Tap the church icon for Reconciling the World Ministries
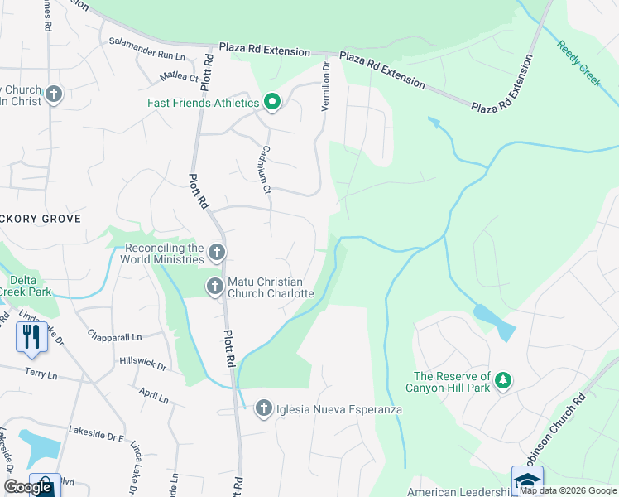coord(216,252)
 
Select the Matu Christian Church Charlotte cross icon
coord(214,287)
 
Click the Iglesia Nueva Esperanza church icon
coord(263,408)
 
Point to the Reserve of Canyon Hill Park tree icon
coord(501,381)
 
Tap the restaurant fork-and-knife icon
coord(31,336)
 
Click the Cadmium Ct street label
coord(266,171)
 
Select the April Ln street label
coord(154,395)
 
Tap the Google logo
coord(28,487)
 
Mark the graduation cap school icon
coord(527,479)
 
